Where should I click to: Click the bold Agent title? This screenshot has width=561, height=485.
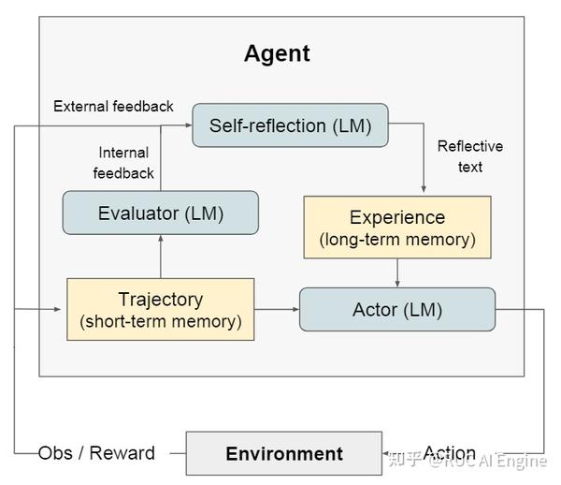coord(277,53)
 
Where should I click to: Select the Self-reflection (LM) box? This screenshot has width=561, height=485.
coord(291,125)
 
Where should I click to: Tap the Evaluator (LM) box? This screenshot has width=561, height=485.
coord(160,213)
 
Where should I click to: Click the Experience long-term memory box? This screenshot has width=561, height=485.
coord(397,227)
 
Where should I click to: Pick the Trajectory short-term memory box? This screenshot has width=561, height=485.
coord(160,309)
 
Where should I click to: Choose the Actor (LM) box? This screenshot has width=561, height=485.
coord(397,309)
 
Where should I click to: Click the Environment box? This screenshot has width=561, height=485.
coord(284,454)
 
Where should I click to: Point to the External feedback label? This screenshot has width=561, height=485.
coord(113,106)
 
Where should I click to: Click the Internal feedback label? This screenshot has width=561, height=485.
coord(123,163)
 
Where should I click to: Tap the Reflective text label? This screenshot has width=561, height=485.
coord(470,156)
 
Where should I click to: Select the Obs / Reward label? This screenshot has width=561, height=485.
coord(96,453)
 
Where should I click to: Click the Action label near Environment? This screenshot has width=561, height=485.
coord(450,453)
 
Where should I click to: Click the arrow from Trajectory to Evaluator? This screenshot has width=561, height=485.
coord(160,256)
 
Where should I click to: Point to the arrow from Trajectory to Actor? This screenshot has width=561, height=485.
coord(276,309)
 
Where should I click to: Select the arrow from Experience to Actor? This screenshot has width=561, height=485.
coord(397,272)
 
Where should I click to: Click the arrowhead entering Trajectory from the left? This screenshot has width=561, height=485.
coord(62,309)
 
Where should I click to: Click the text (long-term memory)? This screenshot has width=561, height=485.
coord(397,240)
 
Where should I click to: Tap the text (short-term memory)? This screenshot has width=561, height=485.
coord(160,322)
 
